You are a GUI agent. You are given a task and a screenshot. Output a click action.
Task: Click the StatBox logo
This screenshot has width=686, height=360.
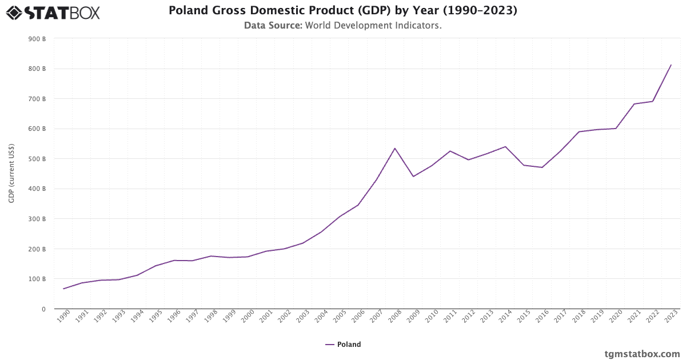coord(53,12)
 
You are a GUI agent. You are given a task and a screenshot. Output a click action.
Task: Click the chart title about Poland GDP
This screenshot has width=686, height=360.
coord(342,11)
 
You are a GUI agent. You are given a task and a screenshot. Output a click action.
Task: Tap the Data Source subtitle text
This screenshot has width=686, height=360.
coord(342,26)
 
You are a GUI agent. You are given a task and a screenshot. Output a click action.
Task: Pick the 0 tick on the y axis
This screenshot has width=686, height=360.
coord(43,309)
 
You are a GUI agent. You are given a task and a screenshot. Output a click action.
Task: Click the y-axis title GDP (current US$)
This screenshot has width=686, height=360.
coord(11,173)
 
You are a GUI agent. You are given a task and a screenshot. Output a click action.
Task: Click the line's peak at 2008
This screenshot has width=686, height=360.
coord(394,149)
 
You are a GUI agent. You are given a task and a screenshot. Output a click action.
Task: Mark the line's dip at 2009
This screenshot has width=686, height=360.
coord(413,176)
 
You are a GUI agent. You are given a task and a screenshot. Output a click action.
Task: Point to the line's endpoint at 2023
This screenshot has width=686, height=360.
coord(671,65)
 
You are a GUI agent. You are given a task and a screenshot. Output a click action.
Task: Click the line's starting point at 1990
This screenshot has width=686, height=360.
coord(63,289)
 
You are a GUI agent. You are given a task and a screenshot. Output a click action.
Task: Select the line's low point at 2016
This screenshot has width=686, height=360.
coord(542,167)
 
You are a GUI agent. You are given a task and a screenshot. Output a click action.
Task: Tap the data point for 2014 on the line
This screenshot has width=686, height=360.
coord(505,147)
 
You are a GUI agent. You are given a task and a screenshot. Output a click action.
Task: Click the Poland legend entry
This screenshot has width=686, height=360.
coord(343,345)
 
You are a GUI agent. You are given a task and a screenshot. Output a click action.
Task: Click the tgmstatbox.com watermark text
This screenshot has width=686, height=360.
coord(642,354)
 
